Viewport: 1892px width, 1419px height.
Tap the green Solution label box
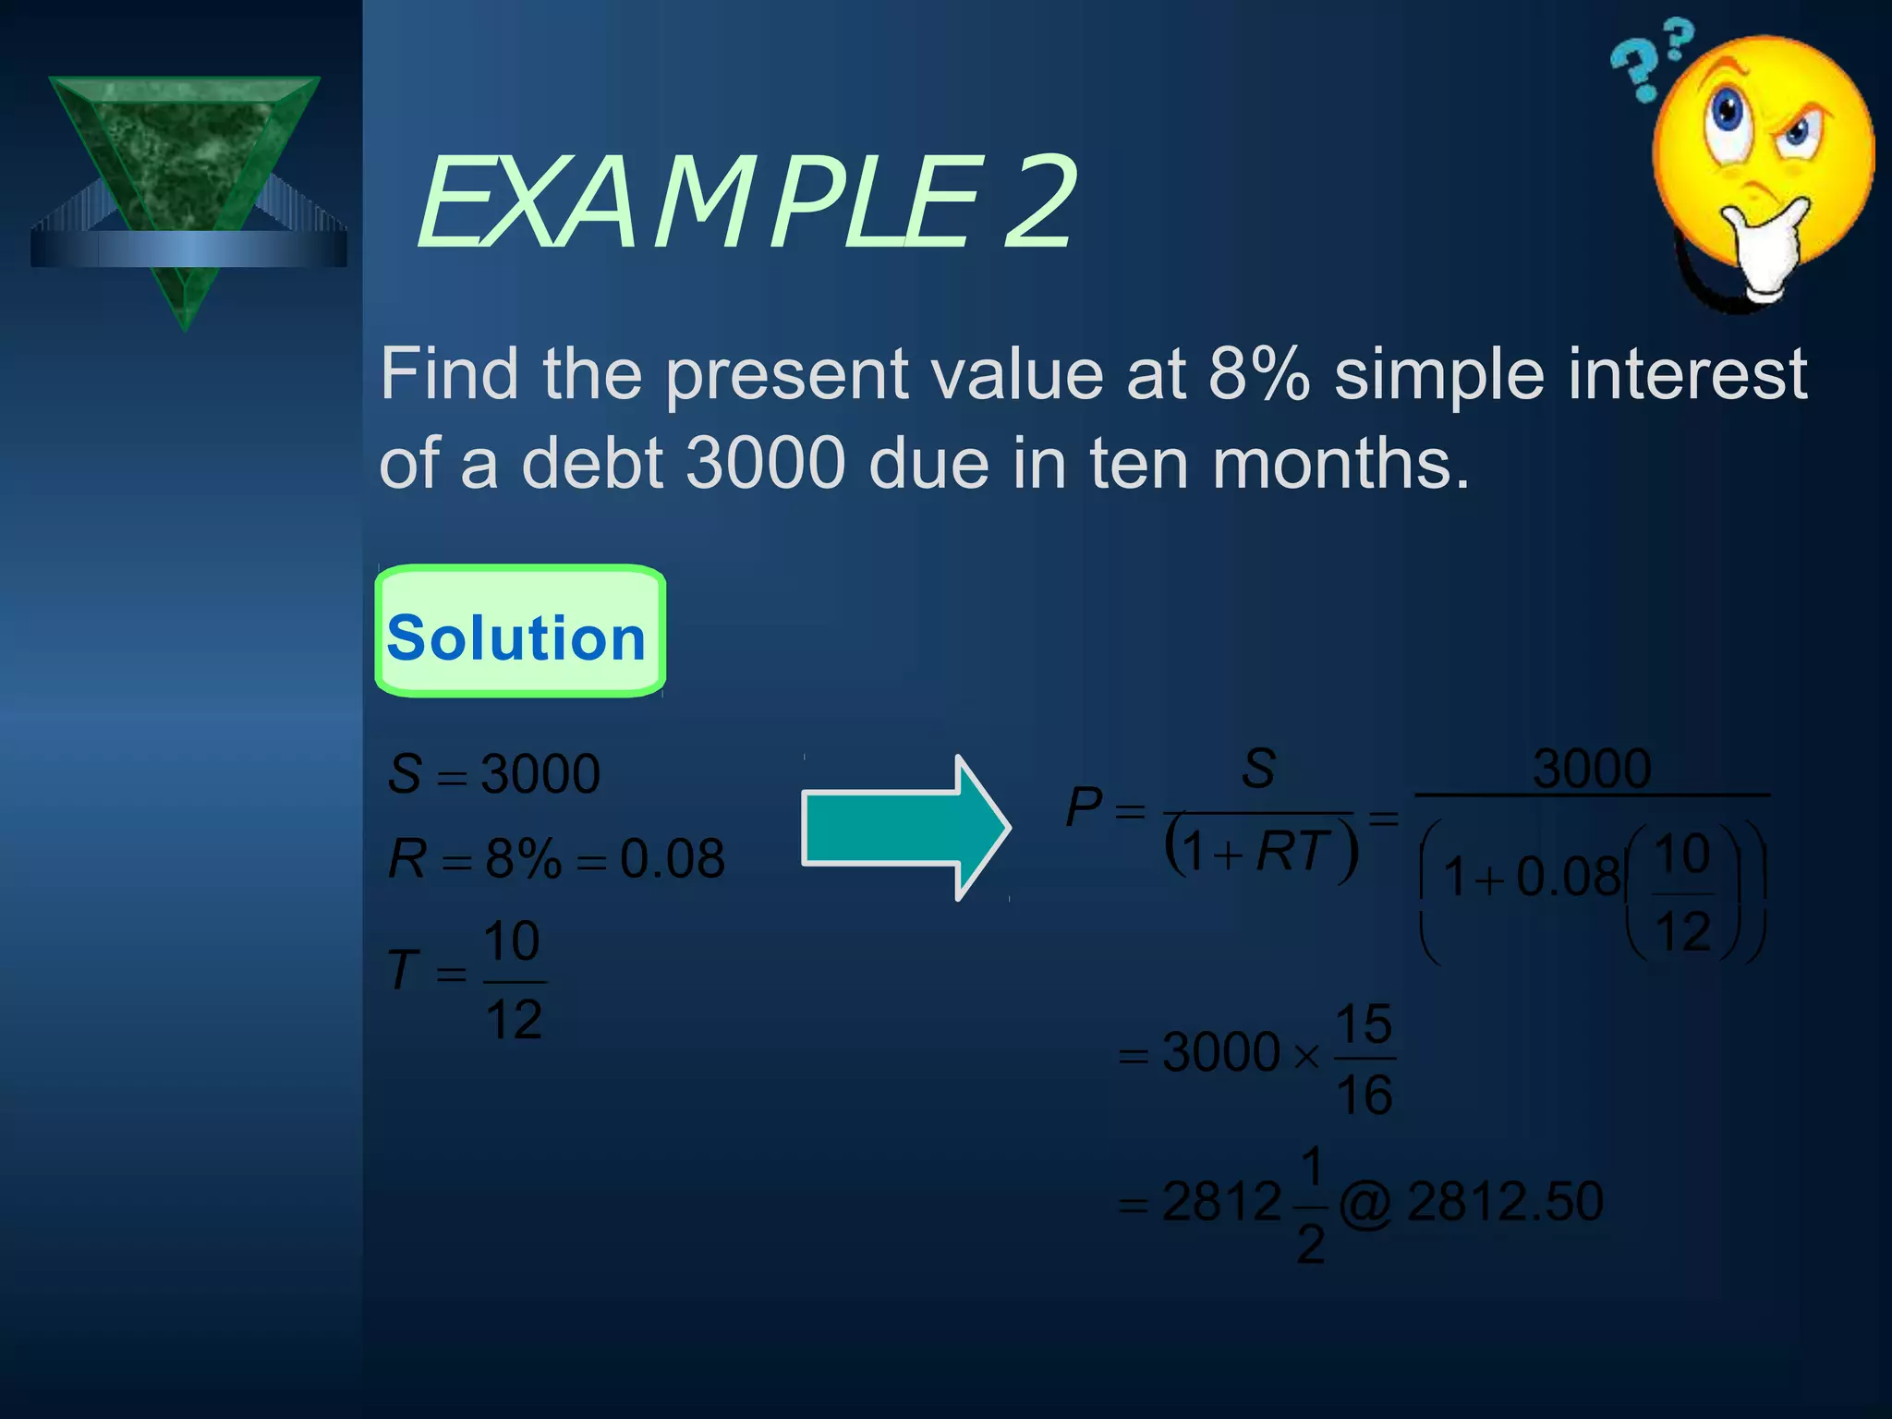click(x=519, y=632)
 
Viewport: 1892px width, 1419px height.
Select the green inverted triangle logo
click(x=185, y=185)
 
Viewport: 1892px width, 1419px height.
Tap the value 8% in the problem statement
click(x=1259, y=374)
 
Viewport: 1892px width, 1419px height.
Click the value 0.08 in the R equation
click(x=672, y=858)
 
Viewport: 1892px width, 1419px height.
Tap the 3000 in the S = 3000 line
click(x=540, y=773)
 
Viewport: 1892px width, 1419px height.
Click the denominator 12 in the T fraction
click(x=514, y=1020)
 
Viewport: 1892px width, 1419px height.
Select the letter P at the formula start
click(x=1084, y=807)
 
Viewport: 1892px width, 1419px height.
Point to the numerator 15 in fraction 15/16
click(x=1364, y=1024)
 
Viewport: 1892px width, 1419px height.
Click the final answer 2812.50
click(x=1505, y=1201)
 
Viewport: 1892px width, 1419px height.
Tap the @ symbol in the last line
click(x=1365, y=1204)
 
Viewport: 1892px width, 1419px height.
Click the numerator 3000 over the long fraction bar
click(x=1592, y=768)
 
